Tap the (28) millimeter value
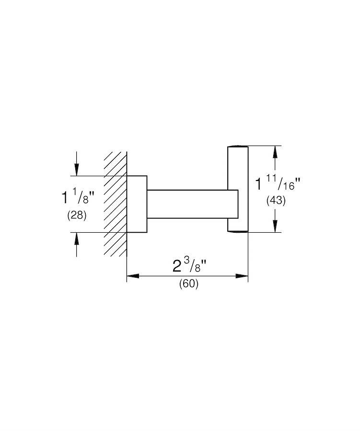tap(77, 215)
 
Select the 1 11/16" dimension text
tap(278, 184)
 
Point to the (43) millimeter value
tap(276, 201)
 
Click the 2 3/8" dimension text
tap(190, 265)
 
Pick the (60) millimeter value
tap(189, 284)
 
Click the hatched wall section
tap(116, 204)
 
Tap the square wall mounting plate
tap(137, 204)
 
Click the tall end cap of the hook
tap(238, 189)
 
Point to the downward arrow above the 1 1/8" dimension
tap(77, 164)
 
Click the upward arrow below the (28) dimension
tap(77, 245)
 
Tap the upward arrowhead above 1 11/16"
tap(275, 152)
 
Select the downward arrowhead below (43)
tap(275, 226)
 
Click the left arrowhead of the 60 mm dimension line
tap(133, 276)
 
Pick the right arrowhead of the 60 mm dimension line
tap(242, 276)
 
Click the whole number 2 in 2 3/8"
tap(177, 266)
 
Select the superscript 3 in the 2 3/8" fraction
tap(186, 261)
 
